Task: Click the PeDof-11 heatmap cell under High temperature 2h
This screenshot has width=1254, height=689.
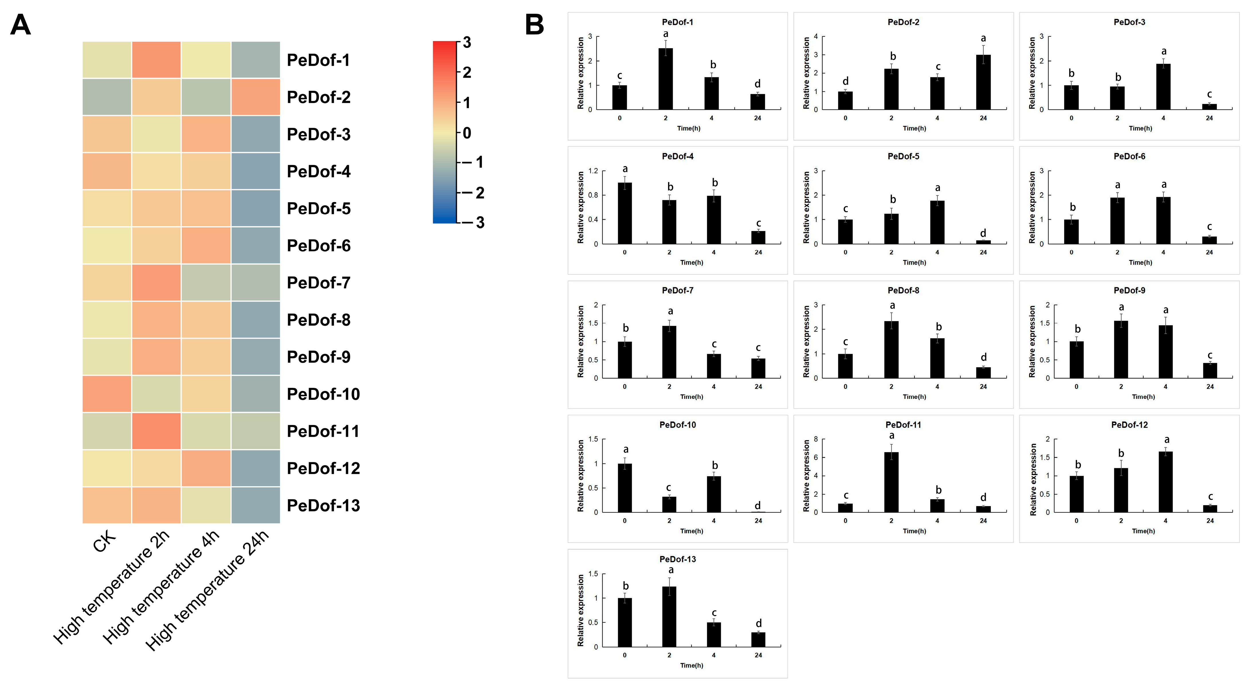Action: tap(156, 431)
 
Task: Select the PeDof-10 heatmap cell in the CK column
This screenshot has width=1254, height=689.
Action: tap(107, 394)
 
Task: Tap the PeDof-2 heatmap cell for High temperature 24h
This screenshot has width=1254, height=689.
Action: tap(256, 97)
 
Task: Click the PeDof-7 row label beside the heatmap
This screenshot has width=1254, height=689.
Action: tap(318, 282)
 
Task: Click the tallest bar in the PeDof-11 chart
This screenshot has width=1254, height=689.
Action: tap(891, 482)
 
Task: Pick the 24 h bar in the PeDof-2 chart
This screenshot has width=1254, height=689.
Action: tap(983, 82)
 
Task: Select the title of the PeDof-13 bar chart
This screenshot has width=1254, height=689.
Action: tap(678, 559)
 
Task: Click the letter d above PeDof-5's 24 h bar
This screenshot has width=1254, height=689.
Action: tap(983, 233)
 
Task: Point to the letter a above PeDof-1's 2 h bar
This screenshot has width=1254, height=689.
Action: tap(666, 34)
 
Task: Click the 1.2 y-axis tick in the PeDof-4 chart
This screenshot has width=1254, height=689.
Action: tap(593, 171)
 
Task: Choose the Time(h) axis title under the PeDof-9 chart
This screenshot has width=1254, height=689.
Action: tap(1143, 397)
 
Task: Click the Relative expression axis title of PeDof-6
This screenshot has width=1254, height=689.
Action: tap(1032, 207)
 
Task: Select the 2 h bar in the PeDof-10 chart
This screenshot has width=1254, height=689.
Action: tap(669, 505)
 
